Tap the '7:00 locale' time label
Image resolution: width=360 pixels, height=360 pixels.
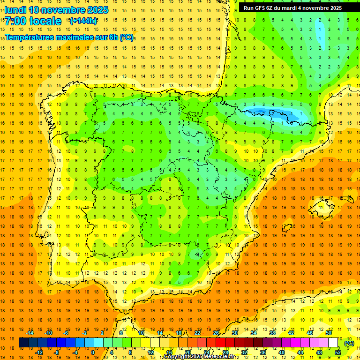33,21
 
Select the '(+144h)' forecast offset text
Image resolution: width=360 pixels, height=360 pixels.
83,21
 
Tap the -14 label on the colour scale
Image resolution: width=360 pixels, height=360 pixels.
30,332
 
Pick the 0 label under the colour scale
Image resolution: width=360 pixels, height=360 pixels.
93,352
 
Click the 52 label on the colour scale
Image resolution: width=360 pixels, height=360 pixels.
338,352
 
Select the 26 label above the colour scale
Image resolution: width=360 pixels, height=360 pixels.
216,332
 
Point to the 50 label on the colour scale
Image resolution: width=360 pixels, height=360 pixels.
329,332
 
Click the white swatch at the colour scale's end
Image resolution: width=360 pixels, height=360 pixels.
333,343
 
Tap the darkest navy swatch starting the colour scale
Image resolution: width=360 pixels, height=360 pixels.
23,343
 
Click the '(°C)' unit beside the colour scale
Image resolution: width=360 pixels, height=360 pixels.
349,343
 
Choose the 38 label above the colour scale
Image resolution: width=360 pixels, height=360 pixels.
272,332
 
